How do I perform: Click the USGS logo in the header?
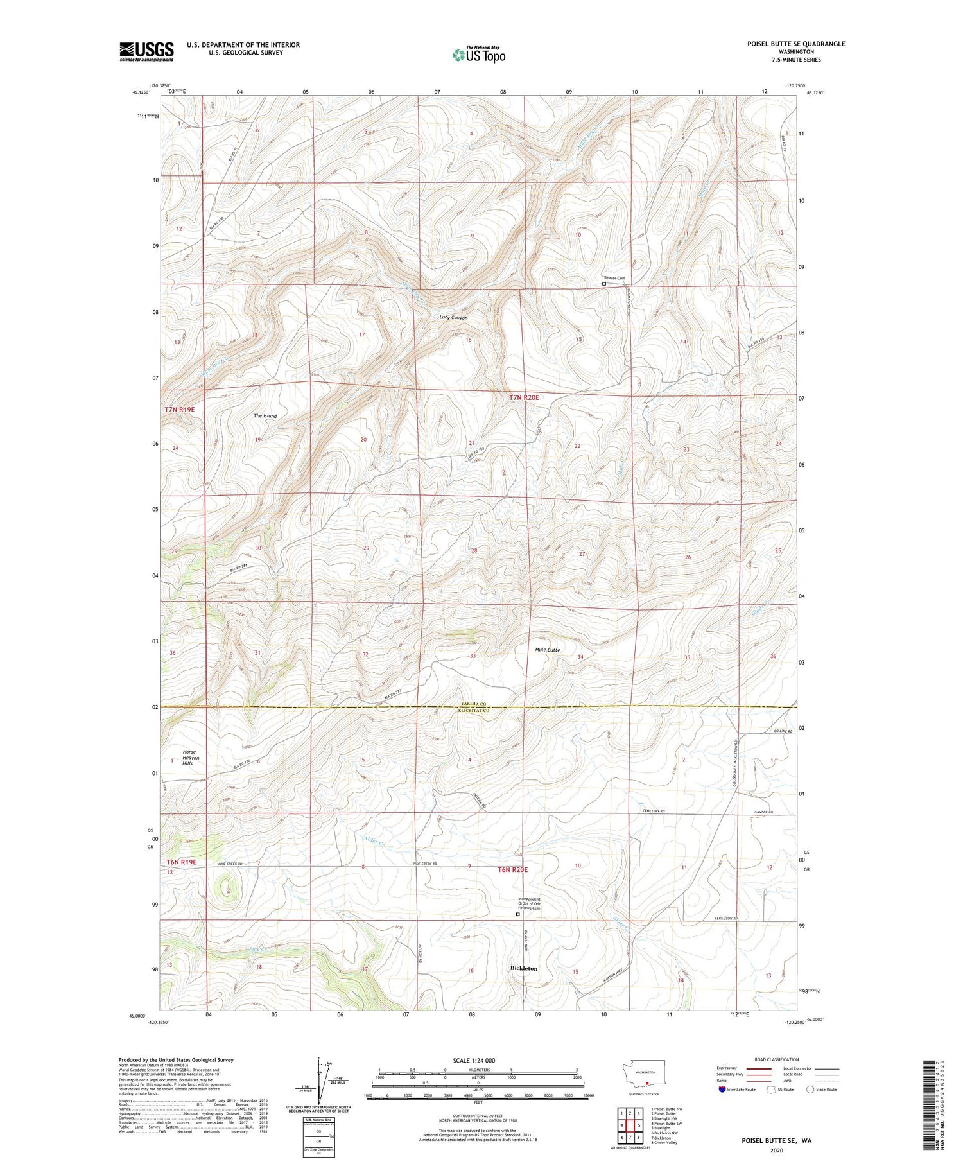pyautogui.click(x=146, y=51)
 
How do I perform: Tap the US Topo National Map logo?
pyautogui.click(x=478, y=55)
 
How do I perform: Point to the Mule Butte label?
pyautogui.click(x=547, y=650)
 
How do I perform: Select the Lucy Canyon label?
pyautogui.click(x=453, y=318)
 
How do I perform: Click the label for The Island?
pyautogui.click(x=265, y=416)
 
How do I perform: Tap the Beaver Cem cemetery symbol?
pyautogui.click(x=604, y=284)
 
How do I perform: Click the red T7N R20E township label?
pyautogui.click(x=525, y=398)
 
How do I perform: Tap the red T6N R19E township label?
pyautogui.click(x=181, y=862)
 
